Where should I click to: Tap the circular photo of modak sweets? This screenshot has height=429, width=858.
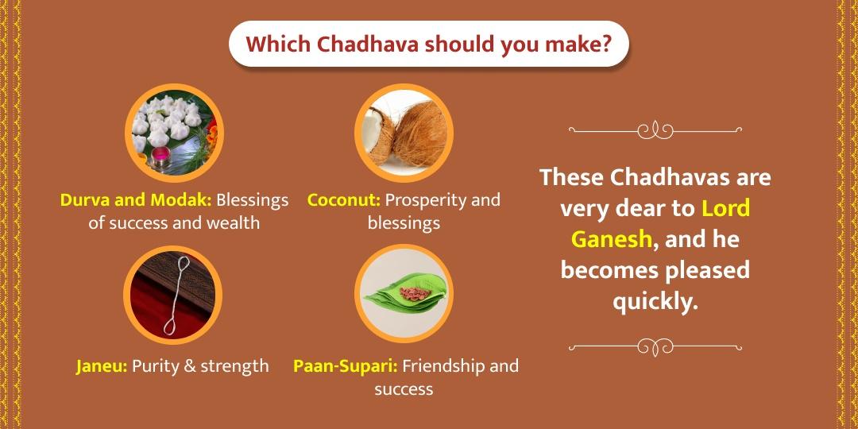(x=173, y=133)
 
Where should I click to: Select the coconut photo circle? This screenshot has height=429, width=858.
(x=404, y=133)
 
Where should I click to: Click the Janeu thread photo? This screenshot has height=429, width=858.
(x=172, y=294)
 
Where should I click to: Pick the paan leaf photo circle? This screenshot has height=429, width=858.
(x=404, y=294)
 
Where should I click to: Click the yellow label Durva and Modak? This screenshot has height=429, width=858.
(x=136, y=199)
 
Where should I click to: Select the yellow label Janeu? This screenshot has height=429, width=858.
(x=102, y=366)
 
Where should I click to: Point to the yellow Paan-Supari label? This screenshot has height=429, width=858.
(x=346, y=366)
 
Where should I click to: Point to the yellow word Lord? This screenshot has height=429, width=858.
(x=726, y=208)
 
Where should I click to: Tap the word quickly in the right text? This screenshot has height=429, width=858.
(x=655, y=301)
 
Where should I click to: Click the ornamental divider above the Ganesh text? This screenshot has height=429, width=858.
(x=655, y=129)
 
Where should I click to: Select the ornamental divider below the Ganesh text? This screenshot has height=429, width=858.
(x=655, y=346)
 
